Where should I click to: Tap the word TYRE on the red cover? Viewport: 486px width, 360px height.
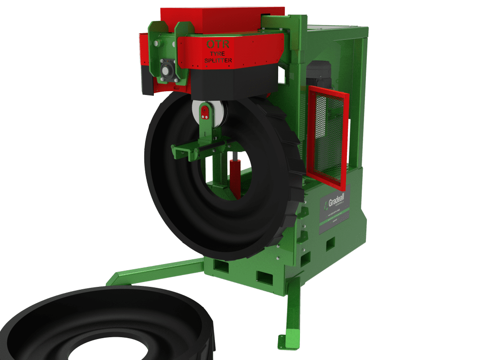(218, 54)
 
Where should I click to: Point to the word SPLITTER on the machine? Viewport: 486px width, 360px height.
(218, 61)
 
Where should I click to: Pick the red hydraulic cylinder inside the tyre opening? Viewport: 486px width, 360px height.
(235, 176)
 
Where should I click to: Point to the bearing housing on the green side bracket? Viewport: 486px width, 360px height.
(166, 71)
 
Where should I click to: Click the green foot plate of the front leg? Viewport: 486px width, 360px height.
(288, 341)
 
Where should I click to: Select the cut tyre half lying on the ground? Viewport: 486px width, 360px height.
(104, 323)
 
